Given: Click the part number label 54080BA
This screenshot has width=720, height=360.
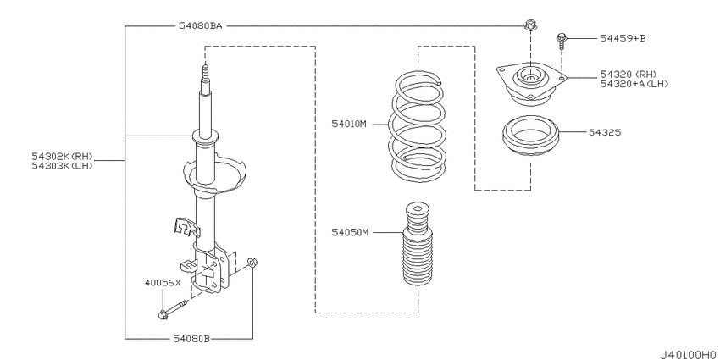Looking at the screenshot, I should click(x=201, y=27).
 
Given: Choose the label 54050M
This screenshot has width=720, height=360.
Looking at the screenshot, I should click(x=352, y=231).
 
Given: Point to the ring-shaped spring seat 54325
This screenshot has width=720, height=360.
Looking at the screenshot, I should click(x=532, y=138).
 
